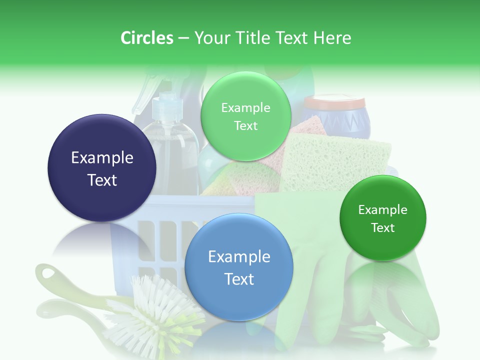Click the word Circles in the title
pyautogui.click(x=146, y=38)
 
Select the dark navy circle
pyautogui.click(x=102, y=168)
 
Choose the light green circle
pyautogui.click(x=245, y=116)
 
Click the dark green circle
pyautogui.click(x=382, y=218)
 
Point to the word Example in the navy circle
pyautogui.click(x=102, y=158)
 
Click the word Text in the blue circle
pyautogui.click(x=239, y=279)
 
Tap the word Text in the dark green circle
pyautogui.click(x=382, y=228)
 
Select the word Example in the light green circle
pyautogui.click(x=245, y=108)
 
